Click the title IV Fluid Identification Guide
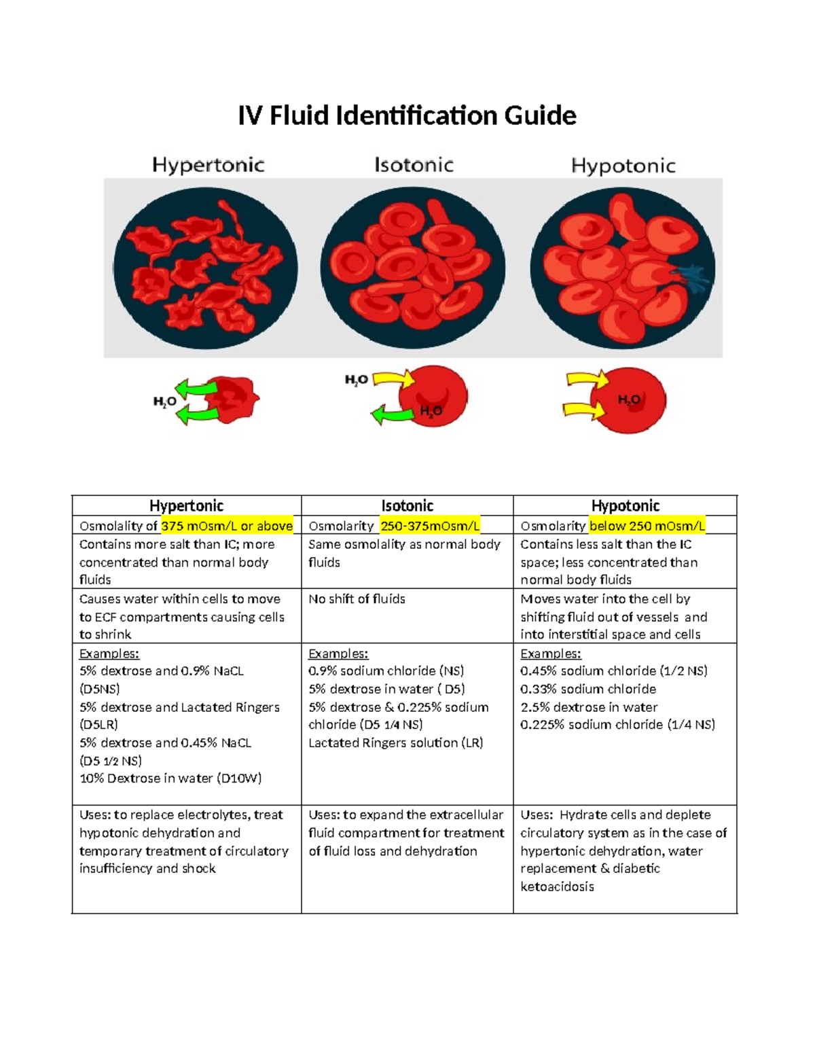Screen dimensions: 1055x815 pos(407,115)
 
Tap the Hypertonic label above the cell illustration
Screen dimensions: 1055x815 pos(208,165)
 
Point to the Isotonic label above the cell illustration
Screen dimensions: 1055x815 pos(414,165)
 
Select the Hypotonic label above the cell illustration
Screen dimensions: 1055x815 pos(623,166)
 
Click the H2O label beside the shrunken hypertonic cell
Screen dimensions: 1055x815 pos(164,402)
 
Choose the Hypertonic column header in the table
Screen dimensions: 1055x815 pos(186,505)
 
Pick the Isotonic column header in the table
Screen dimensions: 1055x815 pos(407,505)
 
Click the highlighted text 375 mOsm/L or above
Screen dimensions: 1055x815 pos(227,526)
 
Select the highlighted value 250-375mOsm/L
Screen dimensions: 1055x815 pos(430,526)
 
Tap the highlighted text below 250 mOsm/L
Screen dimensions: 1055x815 pos(647,526)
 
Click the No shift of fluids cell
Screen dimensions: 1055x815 pos(357,598)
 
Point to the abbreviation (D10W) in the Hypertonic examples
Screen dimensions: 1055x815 pos(239,779)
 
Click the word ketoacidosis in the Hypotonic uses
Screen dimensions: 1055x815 pos(557,887)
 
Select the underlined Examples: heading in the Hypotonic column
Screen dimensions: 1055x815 pos(551,654)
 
